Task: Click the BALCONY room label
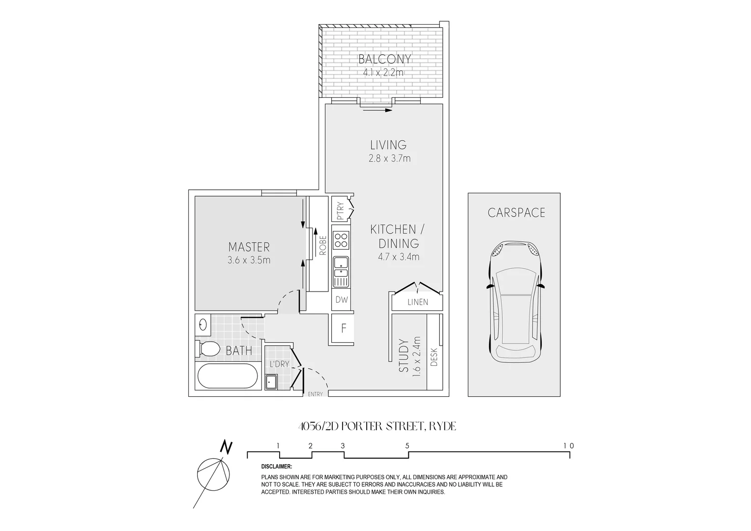coord(384,59)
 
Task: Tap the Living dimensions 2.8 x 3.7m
coord(389,159)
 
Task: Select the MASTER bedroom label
coord(249,247)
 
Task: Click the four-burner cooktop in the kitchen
coord(341,240)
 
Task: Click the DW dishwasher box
coord(342,299)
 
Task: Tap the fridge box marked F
coord(344,328)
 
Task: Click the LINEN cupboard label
coord(418,302)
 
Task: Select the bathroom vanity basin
coord(203,324)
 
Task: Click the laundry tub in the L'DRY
coord(271,382)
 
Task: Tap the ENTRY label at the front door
coord(315,394)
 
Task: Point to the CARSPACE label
coord(516,212)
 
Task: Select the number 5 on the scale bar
coord(407,446)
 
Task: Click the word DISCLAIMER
coord(277,467)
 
